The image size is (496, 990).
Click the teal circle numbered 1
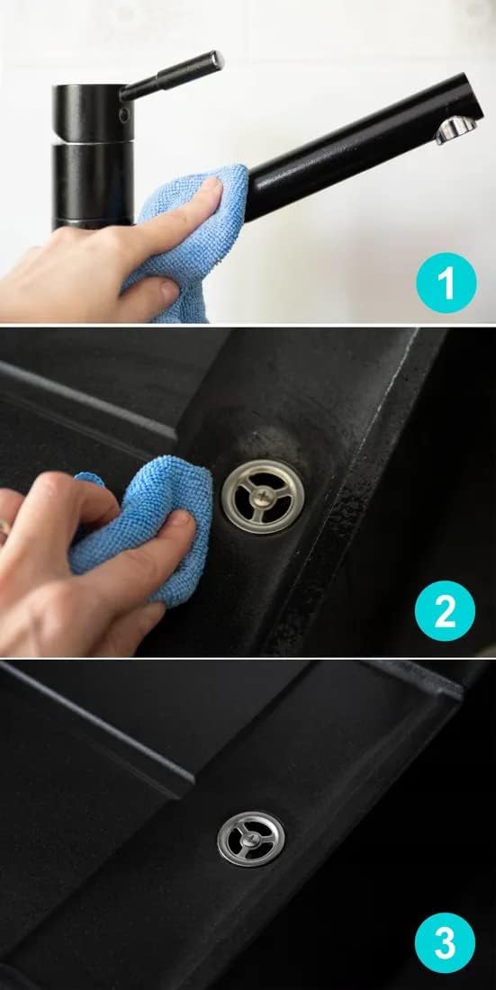(446, 283)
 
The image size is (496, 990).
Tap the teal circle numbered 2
(445, 611)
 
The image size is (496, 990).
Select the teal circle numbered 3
(445, 942)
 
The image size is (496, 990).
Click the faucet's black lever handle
(172, 76)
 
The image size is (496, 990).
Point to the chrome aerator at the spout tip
(456, 130)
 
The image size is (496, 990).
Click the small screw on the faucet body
(124, 115)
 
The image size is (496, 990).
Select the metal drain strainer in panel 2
(263, 496)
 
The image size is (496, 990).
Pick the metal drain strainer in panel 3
(251, 839)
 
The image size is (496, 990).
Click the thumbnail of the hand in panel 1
(168, 291)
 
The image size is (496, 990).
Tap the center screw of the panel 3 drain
(251, 839)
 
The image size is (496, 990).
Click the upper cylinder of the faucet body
(93, 112)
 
